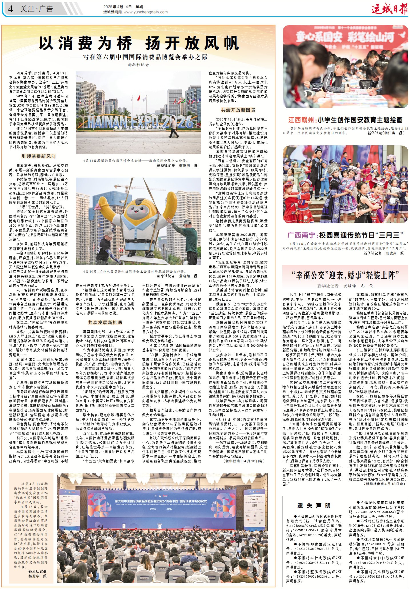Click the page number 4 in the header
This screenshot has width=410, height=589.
pos(11,9)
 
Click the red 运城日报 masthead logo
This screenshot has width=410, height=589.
pos(390,9)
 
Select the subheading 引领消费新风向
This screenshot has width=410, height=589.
pos(39,156)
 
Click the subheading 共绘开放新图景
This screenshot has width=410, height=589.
pos(238,110)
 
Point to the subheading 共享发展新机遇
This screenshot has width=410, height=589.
pos(105,322)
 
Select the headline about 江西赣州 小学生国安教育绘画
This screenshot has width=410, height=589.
pos(345,120)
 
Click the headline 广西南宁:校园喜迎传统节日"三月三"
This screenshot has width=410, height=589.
pos(345,235)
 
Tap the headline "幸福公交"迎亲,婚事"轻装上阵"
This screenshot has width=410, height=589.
pos(345,275)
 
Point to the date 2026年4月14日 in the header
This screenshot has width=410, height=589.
pos(117,7)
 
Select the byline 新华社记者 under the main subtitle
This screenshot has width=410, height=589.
pos(139,65)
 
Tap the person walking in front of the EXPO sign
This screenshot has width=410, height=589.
pos(173,127)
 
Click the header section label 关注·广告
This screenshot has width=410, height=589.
pos(37,9)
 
